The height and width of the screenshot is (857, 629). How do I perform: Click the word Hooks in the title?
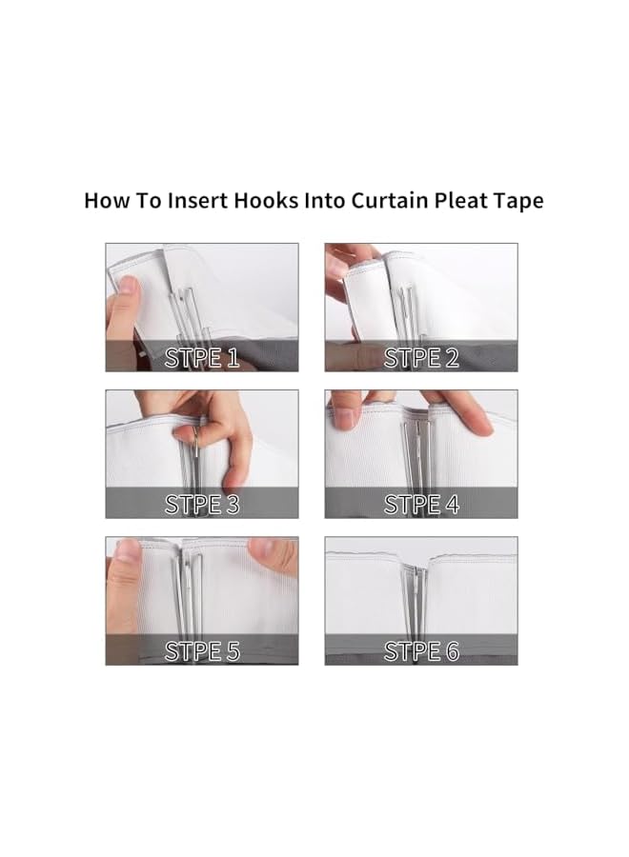(266, 201)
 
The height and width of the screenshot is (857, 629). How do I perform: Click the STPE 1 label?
(202, 358)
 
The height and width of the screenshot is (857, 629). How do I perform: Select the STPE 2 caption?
(421, 358)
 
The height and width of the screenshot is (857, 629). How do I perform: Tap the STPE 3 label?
(202, 505)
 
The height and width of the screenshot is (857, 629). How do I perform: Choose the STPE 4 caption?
(421, 505)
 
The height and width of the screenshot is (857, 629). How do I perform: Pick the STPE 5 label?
(202, 651)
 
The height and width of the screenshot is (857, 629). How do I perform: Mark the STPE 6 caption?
(421, 651)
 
